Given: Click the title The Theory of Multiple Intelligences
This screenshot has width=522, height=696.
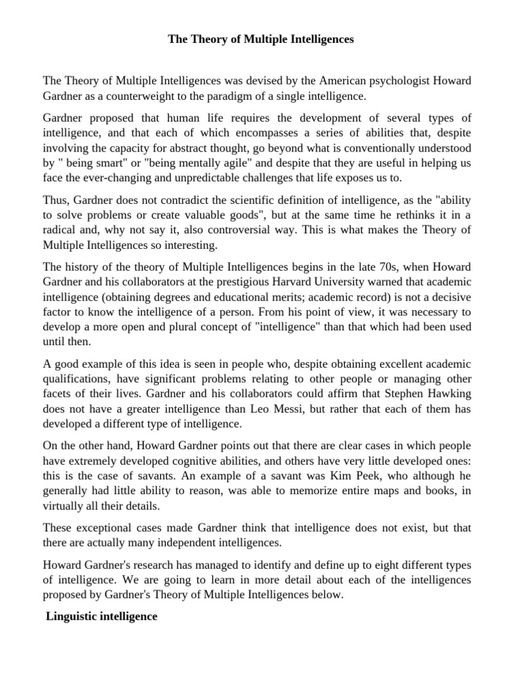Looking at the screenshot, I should [x=261, y=40].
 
